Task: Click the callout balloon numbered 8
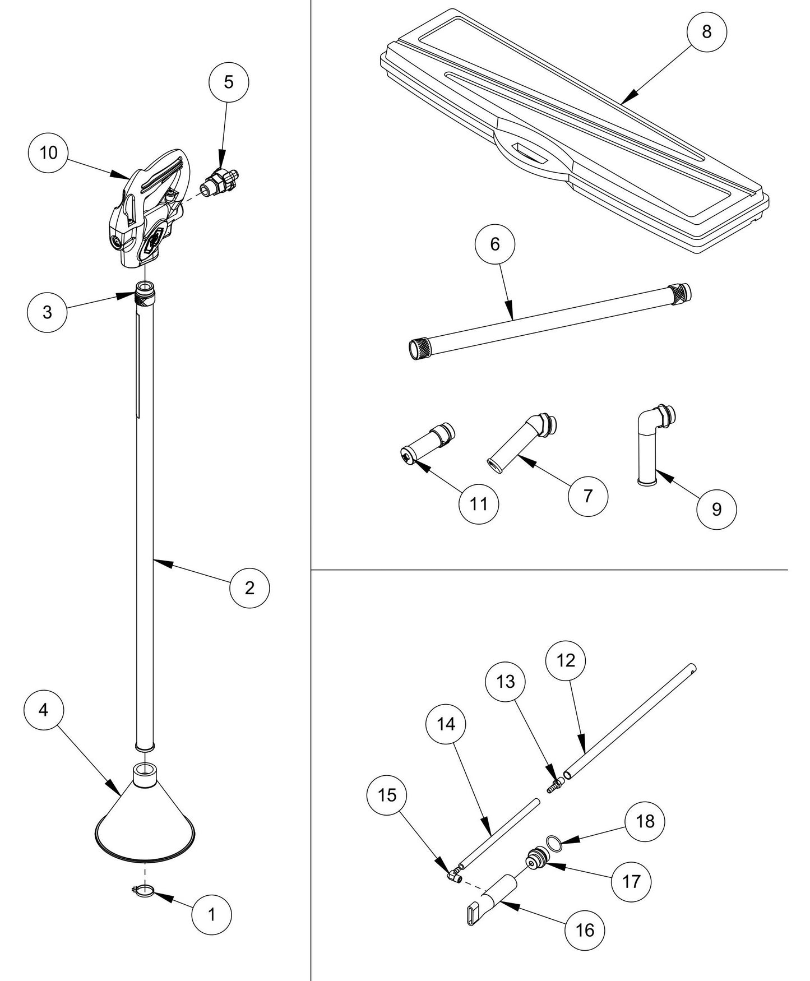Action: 706,32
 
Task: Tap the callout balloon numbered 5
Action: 228,82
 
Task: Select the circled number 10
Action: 49,152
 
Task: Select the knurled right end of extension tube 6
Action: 680,291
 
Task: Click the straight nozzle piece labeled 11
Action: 429,442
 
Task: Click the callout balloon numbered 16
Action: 584,931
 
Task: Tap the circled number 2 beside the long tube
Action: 249,587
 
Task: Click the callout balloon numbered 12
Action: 566,661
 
